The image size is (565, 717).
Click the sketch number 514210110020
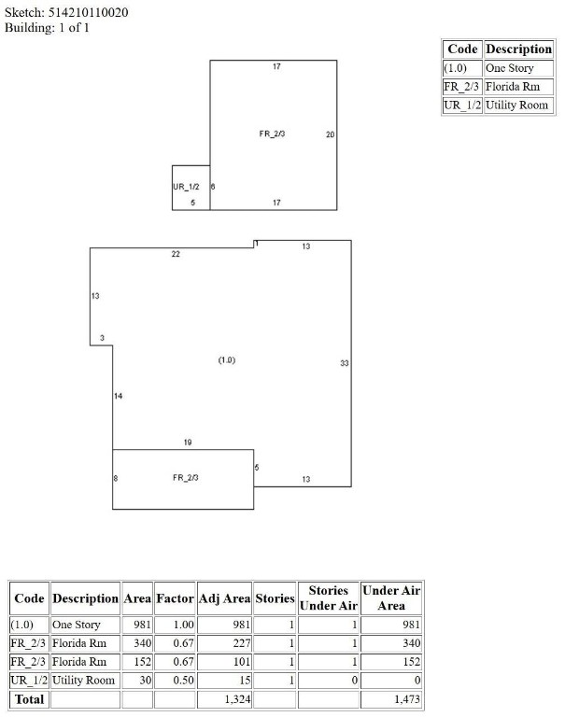click(89, 12)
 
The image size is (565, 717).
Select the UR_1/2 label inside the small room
click(186, 187)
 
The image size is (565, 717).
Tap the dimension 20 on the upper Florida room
click(331, 134)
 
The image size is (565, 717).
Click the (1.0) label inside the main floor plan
click(227, 360)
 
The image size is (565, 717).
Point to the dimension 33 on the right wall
click(345, 363)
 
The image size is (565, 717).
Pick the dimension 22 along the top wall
click(176, 254)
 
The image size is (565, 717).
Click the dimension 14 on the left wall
click(118, 396)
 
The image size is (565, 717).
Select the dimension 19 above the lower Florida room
click(188, 443)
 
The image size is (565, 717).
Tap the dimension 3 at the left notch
click(102, 338)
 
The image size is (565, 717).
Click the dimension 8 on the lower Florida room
click(116, 478)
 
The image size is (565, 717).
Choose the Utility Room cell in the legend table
click(516, 105)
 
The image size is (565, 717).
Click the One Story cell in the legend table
click(509, 68)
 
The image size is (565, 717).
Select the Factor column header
click(175, 598)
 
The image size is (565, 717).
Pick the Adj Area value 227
click(242, 643)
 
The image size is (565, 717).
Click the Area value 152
click(142, 662)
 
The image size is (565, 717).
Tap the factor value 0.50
click(183, 681)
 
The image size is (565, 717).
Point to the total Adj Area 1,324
click(237, 699)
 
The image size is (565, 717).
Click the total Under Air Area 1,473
click(407, 699)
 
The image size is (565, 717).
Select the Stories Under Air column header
click(329, 598)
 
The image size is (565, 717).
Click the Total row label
click(29, 699)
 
